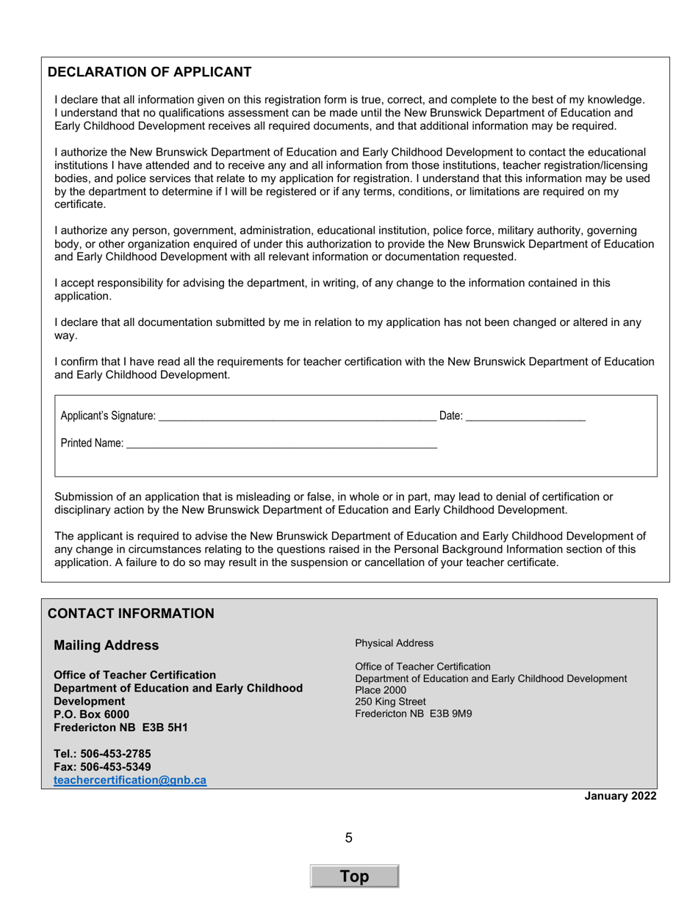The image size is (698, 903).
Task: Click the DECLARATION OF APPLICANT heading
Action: [149, 72]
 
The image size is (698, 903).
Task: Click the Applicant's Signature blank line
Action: [297, 417]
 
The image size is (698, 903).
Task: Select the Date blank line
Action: [525, 417]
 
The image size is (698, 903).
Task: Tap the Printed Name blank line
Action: [281, 444]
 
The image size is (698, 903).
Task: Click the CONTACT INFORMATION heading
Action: [131, 614]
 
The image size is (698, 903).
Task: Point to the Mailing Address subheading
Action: [106, 645]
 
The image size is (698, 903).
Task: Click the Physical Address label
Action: [394, 643]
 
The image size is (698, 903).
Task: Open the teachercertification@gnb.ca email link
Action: [130, 780]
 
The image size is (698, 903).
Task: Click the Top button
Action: [354, 877]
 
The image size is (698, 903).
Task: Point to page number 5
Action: [349, 838]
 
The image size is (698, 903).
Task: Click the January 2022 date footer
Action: [620, 797]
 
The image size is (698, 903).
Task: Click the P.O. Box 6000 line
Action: [92, 714]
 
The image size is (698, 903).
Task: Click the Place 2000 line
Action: [381, 690]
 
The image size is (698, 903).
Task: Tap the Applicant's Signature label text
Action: [108, 416]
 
